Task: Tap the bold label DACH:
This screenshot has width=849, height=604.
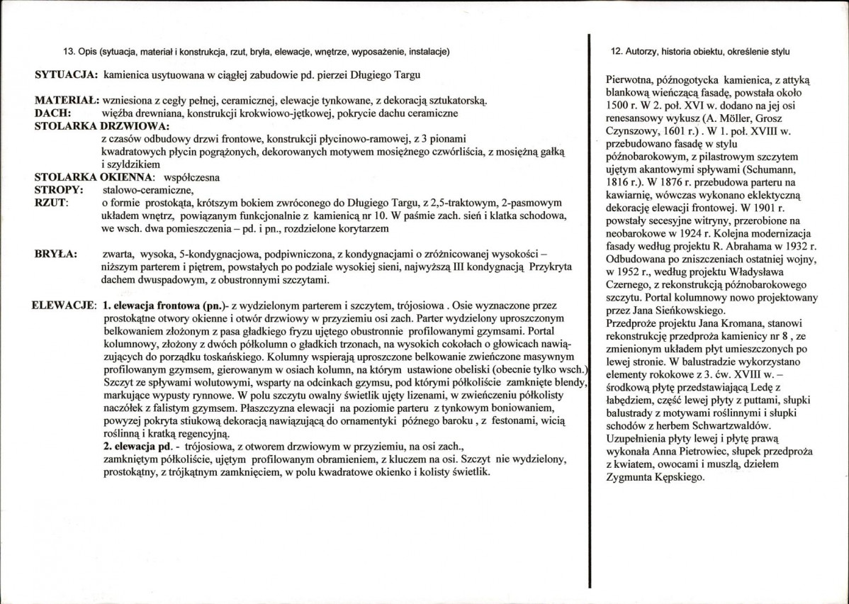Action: click(50, 113)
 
